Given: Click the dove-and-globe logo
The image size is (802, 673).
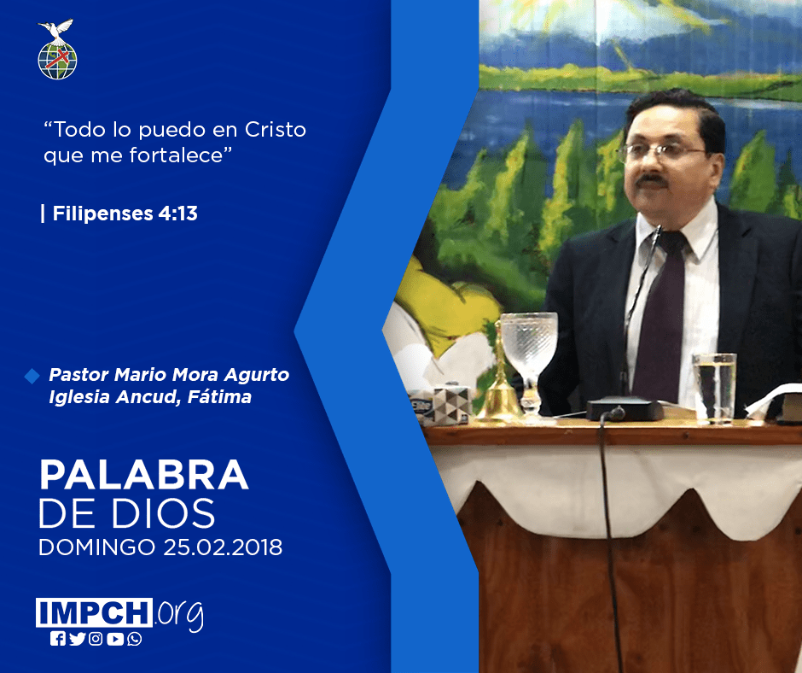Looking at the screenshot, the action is click(x=57, y=50).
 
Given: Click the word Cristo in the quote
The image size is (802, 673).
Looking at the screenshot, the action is click(x=276, y=130).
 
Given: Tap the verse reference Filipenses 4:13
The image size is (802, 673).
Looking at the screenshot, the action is click(x=125, y=213).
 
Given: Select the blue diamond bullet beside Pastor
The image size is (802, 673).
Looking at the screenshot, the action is click(x=32, y=376).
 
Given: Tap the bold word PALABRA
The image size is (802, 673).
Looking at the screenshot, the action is click(x=143, y=476).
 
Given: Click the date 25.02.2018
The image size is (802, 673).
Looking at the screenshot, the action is click(x=223, y=547).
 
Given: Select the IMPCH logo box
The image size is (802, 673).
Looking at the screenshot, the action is click(x=94, y=612).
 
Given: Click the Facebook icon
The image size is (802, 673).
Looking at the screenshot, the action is click(x=58, y=639).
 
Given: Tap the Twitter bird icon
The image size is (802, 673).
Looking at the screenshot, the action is click(x=77, y=639).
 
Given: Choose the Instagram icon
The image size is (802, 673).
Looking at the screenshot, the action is click(x=96, y=639).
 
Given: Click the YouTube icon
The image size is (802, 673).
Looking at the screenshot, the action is click(x=115, y=639).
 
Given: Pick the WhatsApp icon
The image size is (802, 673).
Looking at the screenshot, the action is click(x=135, y=639).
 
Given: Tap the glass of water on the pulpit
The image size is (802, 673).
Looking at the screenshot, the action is click(x=714, y=389).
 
